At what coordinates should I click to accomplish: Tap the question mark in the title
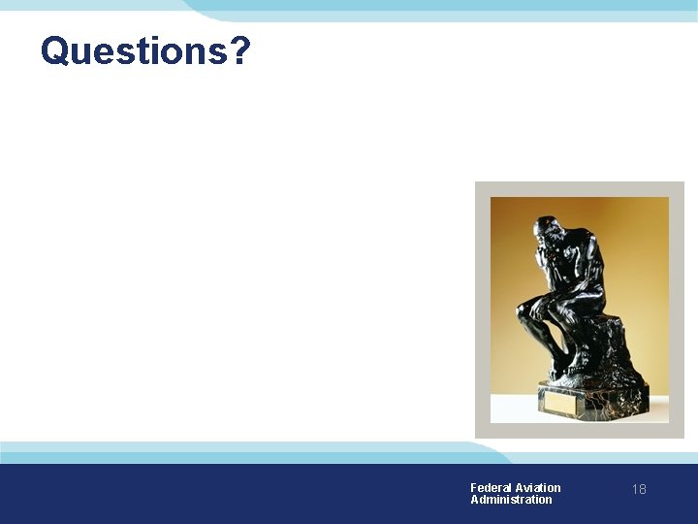pyautogui.click(x=240, y=50)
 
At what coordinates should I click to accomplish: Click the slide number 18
pyautogui.click(x=639, y=489)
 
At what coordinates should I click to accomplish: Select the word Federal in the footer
pyautogui.click(x=491, y=487)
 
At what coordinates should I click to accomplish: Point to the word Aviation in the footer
pyautogui.click(x=538, y=487)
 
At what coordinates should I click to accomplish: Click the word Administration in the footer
pyautogui.click(x=511, y=500)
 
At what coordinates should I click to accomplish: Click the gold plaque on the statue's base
pyautogui.click(x=563, y=400)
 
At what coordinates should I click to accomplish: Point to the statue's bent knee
pyautogui.click(x=527, y=310)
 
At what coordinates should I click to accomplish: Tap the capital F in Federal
pyautogui.click(x=474, y=487)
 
